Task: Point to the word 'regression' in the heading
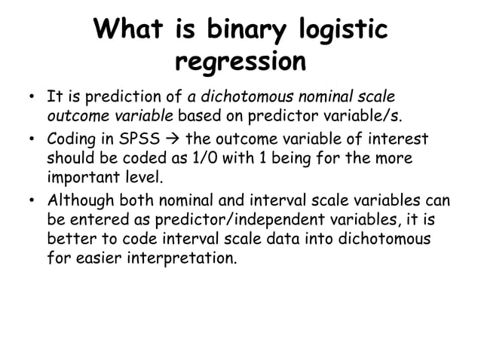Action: (x=240, y=61)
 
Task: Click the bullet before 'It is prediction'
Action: (x=30, y=98)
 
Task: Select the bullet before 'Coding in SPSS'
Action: (x=30, y=140)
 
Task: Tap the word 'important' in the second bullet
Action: (x=78, y=178)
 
